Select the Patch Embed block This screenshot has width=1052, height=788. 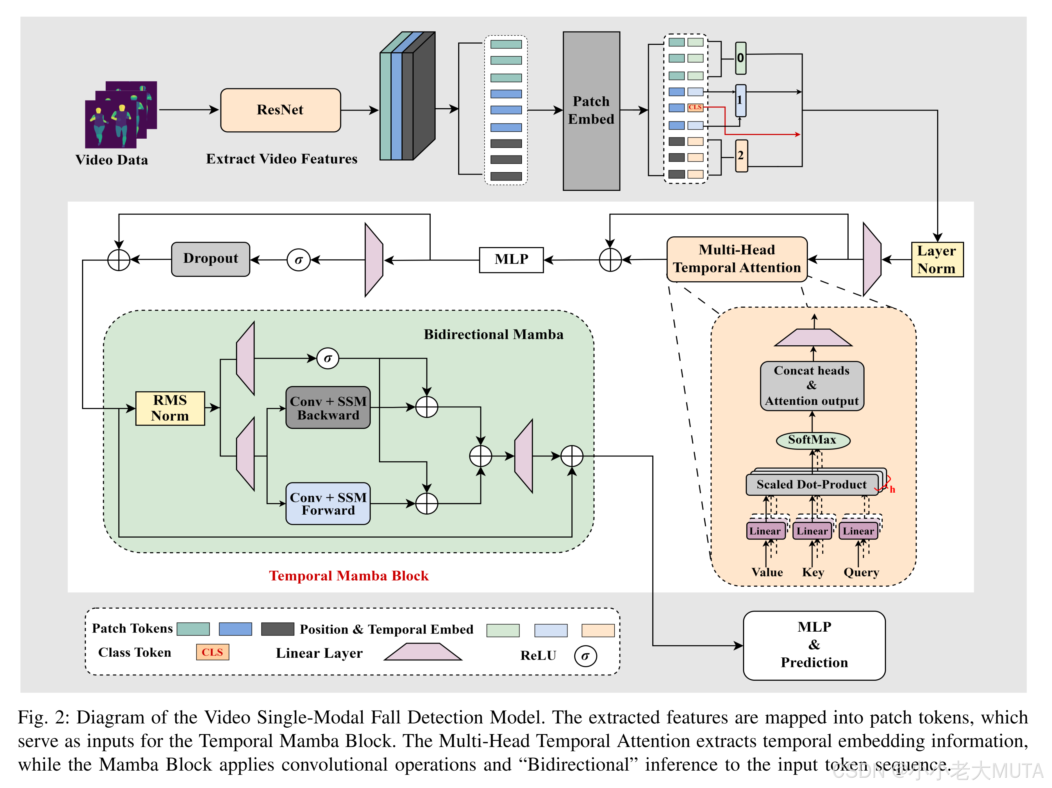point(591,111)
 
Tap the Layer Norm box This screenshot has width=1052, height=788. point(937,259)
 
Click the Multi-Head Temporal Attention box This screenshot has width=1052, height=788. point(737,259)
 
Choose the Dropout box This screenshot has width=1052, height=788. point(211,259)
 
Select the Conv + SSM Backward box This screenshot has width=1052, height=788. point(328,408)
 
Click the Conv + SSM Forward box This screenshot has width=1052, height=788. point(328,504)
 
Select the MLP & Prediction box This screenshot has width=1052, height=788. point(814,645)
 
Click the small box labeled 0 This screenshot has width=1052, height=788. point(740,58)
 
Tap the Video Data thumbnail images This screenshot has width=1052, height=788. point(120,115)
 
